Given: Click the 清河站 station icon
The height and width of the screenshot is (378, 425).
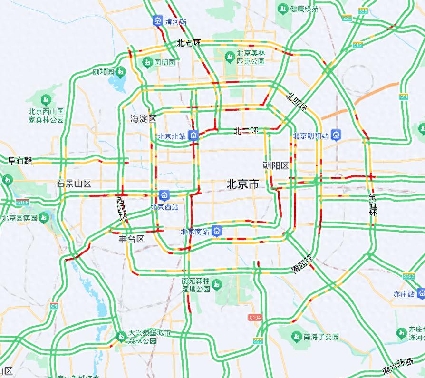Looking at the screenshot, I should point(157,21).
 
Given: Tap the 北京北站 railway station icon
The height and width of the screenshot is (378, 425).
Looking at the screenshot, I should point(193,135).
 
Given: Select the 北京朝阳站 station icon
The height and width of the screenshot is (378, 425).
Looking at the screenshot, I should point(336,135).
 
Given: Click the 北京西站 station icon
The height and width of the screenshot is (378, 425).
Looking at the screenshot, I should point(164,195).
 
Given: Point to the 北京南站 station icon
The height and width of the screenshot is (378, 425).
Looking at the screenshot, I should point(217,232).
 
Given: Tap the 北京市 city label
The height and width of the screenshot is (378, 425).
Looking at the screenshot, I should point(242,184).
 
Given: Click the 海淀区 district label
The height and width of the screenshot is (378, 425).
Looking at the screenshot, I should point(143,119).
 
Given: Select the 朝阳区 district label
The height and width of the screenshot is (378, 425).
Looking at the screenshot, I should point(276,165).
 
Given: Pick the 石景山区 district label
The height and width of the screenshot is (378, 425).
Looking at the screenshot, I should point(74,184).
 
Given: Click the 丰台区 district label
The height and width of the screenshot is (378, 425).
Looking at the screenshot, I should point(131,239).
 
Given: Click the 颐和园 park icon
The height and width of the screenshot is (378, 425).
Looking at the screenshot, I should point(120,72).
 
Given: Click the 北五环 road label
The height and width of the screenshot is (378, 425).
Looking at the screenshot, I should point(189,43).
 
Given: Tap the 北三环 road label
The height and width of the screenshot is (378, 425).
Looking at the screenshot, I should point(246,131).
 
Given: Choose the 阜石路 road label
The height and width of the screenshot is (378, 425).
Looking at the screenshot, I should point(20,161).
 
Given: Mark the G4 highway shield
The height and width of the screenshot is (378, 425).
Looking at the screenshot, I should point(54,306).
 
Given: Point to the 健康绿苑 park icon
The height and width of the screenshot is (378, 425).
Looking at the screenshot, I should point(284,9).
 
